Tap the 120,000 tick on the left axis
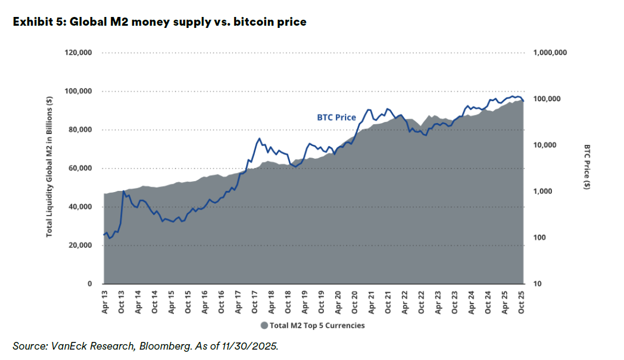pos(78,53)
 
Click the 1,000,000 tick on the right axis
pos(550,53)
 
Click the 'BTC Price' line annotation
pos(336,118)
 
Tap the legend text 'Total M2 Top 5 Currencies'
pos(317,326)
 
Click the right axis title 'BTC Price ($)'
pos(587,167)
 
